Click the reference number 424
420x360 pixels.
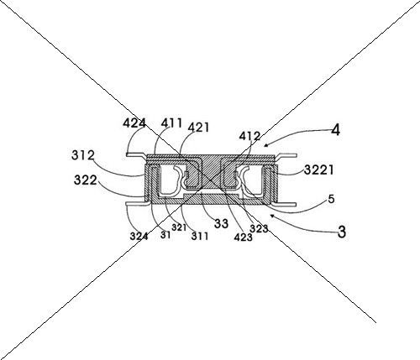point(134,123)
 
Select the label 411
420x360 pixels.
point(172,123)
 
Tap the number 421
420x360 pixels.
point(198,128)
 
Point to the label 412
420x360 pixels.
point(249,136)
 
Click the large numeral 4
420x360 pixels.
point(336,130)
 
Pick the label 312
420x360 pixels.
point(83,155)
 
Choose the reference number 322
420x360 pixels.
point(86,180)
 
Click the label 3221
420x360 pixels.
point(319,170)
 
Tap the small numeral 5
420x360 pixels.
point(331,200)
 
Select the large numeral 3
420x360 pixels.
point(342,232)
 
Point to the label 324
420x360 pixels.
point(139,237)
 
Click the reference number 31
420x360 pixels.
point(165,235)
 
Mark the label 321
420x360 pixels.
point(179,227)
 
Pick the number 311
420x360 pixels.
point(200,237)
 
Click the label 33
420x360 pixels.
point(221,223)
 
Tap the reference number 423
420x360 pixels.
point(244,237)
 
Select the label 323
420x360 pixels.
point(259,229)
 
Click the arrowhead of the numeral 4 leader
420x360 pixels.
point(265,145)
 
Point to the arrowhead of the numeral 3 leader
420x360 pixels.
point(271,216)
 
